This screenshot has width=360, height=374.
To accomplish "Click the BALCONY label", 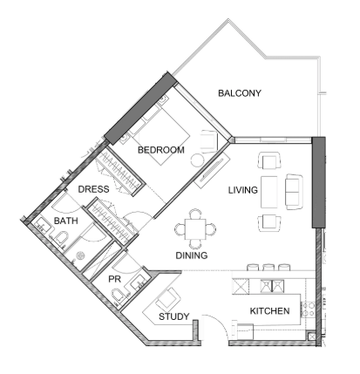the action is point(240,93).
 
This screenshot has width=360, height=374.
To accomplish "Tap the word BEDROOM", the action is point(161,150).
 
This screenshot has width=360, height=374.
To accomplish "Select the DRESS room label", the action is point(93,189).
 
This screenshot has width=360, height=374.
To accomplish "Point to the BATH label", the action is point(66,221).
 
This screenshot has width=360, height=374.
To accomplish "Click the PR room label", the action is point(114,279).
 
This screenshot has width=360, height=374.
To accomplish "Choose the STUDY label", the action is point(174,316).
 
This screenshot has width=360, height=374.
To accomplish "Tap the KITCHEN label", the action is point(269,311).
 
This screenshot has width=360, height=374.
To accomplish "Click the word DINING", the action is point(192,255).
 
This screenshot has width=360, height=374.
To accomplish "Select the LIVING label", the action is point(243,190).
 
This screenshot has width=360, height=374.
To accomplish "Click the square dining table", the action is point(195,229).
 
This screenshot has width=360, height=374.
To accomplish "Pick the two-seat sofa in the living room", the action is point(295,192).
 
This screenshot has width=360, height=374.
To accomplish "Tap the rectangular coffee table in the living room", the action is point(269,192).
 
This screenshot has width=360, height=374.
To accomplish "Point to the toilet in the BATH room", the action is point(62,237).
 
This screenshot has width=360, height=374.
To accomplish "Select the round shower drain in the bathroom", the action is point(80,255).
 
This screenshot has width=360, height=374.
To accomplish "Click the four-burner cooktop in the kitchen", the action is point(309,309).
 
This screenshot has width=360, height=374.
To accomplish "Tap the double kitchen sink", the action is point(272,286).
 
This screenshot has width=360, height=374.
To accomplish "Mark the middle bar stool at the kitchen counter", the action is point(268,267).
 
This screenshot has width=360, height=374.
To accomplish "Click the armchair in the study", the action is point(167,299).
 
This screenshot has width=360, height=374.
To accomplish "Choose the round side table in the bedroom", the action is point(198,160).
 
